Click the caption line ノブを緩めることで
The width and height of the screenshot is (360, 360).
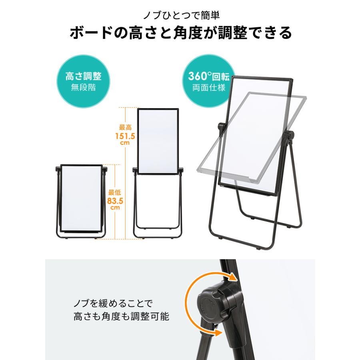(113, 303)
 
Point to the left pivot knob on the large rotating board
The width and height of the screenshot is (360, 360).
(220, 128)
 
